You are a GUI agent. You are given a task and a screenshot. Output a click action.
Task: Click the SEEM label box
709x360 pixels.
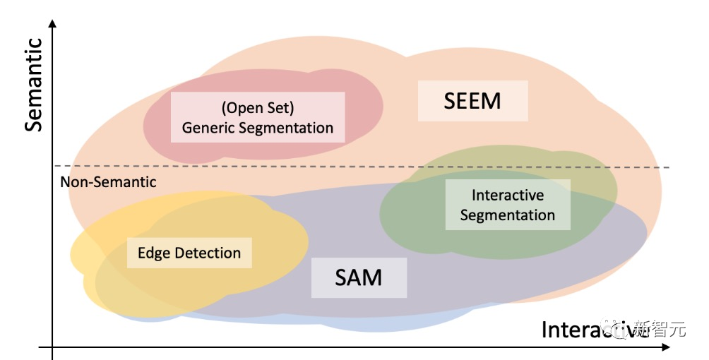coord(472,101)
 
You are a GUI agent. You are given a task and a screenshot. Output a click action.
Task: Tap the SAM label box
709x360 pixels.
coord(359,277)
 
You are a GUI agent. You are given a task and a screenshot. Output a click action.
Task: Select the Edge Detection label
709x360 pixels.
coord(189,253)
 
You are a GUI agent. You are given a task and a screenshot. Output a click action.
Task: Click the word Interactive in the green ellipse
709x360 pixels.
coord(508,195)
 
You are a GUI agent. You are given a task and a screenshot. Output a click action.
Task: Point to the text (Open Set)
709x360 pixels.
coord(257,108)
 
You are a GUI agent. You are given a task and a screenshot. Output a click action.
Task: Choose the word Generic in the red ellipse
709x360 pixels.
coord(208,128)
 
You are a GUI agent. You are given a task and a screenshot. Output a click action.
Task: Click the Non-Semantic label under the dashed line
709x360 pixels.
coord(108,182)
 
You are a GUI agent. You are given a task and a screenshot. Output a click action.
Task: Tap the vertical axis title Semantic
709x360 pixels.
coord(34,85)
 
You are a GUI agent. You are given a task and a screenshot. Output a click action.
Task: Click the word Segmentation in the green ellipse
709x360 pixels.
coord(508,215)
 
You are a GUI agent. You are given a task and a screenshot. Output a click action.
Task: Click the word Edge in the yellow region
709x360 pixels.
coord(153,253)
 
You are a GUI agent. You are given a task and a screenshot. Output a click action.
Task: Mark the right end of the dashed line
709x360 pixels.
coord(667,167)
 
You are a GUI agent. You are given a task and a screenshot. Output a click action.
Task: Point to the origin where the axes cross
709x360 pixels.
coord(53,347)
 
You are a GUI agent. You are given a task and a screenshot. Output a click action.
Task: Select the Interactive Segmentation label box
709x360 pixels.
coord(508,205)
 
